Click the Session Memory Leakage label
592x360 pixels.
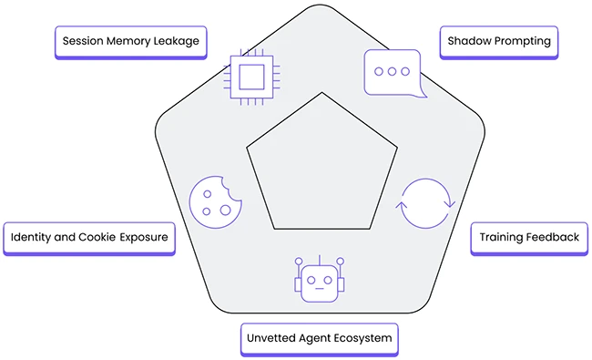(x=130, y=42)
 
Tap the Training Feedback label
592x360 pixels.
(x=528, y=237)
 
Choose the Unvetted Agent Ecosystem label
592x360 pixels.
(x=319, y=338)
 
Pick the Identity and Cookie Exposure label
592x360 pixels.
(x=89, y=237)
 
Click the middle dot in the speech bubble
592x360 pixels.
(x=393, y=70)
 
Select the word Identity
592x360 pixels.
(x=32, y=237)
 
